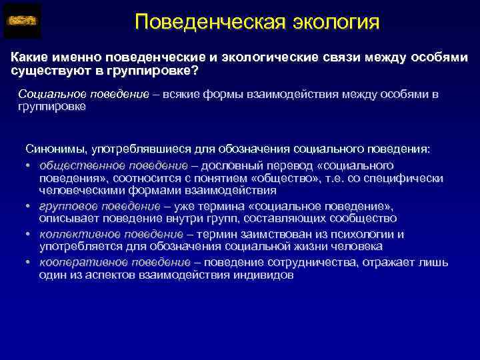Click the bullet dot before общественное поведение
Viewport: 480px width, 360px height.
pos(29,165)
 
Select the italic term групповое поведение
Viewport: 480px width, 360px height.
pos(99,207)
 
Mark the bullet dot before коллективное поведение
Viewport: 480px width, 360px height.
pos(29,235)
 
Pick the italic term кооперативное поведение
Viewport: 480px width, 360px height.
pos(115,262)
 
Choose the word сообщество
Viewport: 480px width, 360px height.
pos(366,218)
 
